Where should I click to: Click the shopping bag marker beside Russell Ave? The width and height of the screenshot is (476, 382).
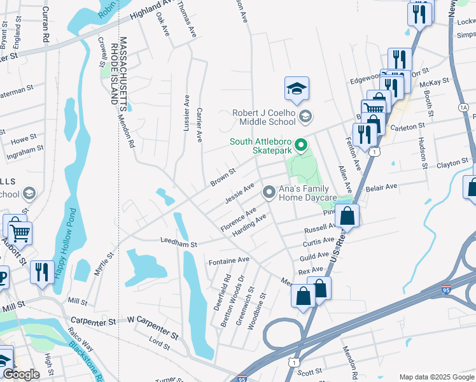pos(347,216)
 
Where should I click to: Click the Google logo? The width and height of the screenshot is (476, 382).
pos(21,374)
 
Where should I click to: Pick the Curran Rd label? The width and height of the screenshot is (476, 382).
pos(45,25)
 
